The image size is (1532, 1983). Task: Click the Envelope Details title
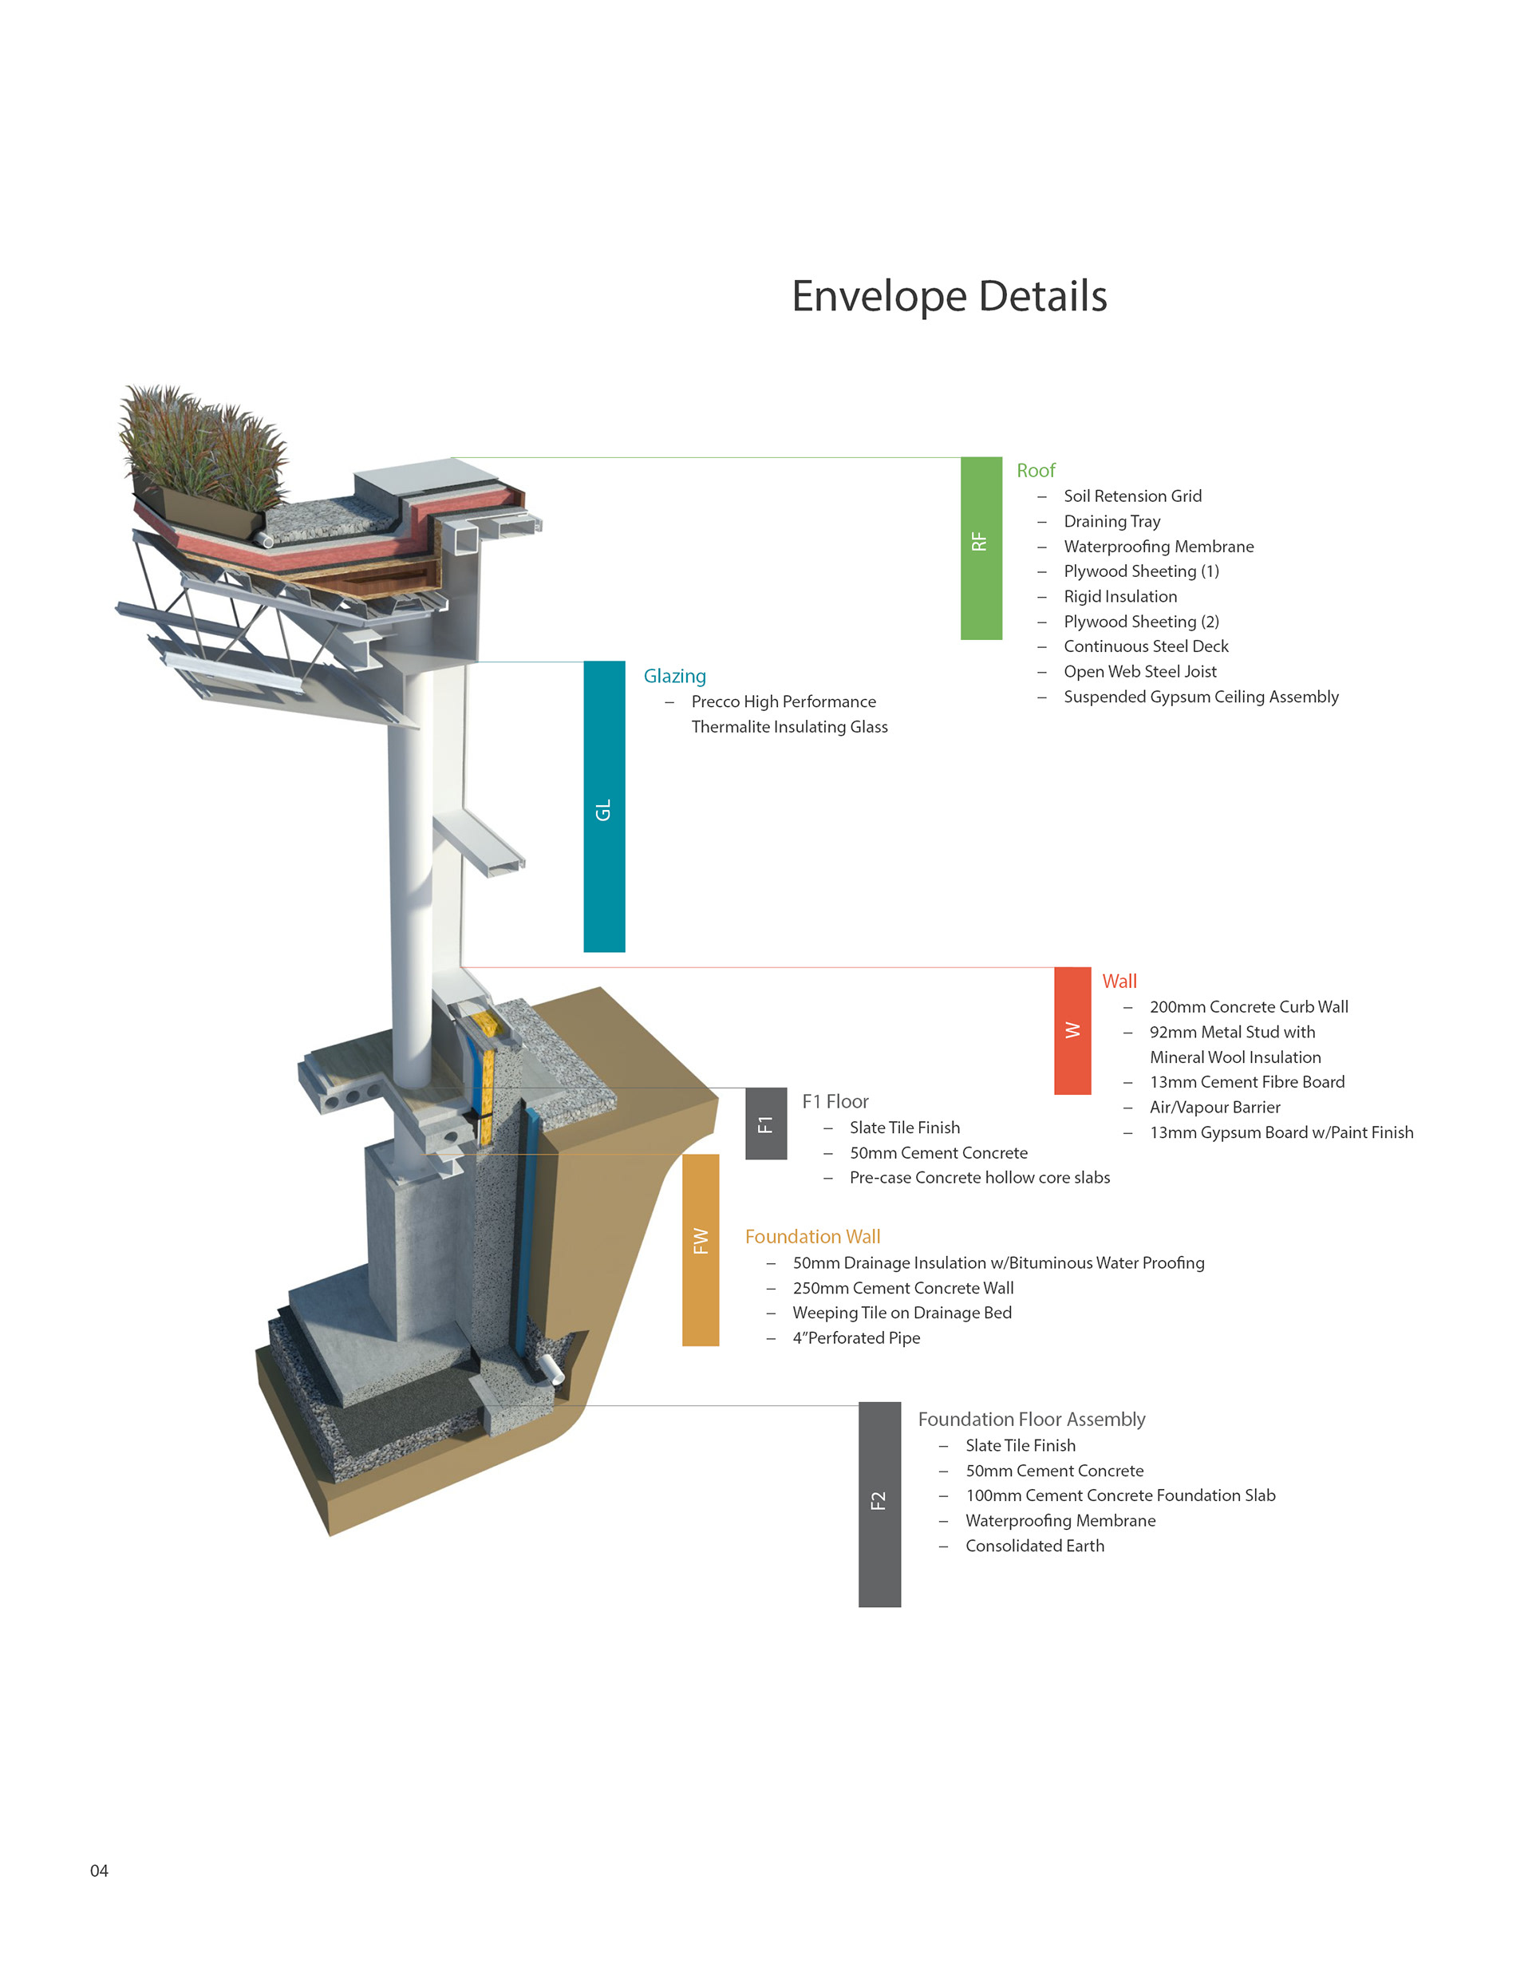coord(949,296)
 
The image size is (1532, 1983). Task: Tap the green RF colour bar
coord(981,547)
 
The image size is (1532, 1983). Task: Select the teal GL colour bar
coord(604,806)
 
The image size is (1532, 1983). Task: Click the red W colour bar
coord(1072,1029)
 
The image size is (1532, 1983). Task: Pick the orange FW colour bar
coord(700,1250)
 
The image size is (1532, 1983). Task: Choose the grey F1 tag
coord(765,1123)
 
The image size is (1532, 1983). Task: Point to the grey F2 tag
coord(879,1504)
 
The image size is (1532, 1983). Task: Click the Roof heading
coord(1035,470)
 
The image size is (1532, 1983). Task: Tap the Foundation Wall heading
coord(811,1237)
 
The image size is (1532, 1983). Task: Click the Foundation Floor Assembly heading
coord(1031,1419)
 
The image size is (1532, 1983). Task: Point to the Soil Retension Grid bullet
coord(1131,496)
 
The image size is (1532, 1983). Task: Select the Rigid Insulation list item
coord(1119,597)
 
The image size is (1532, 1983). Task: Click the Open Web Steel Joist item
coord(1139,672)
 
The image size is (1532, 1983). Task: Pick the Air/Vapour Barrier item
coord(1214,1107)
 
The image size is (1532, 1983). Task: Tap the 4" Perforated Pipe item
coord(855,1337)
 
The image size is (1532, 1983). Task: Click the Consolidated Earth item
coord(1034,1546)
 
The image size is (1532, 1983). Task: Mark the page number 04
coord(99,1870)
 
